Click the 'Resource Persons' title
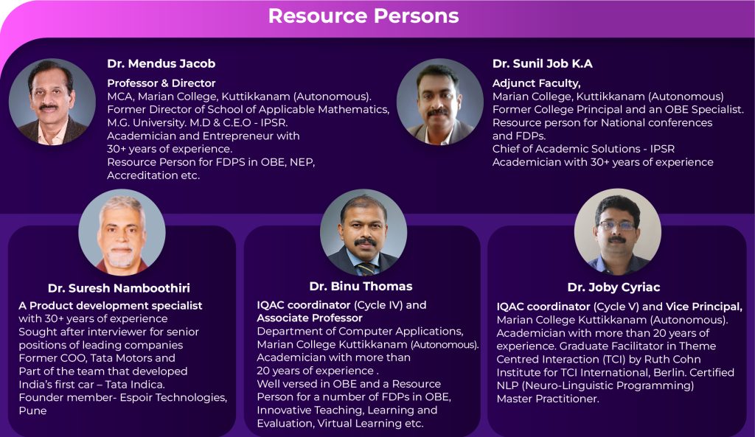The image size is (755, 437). (x=363, y=15)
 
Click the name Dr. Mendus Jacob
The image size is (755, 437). (x=161, y=63)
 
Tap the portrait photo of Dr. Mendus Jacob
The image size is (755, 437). (x=52, y=102)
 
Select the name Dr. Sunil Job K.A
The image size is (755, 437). (x=542, y=63)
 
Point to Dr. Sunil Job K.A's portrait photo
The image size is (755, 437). (x=439, y=102)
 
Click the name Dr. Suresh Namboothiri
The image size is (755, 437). (x=123, y=288)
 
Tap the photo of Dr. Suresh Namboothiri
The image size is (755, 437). (x=122, y=232)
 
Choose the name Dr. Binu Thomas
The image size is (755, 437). (x=361, y=286)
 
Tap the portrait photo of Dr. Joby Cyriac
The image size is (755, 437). (x=617, y=231)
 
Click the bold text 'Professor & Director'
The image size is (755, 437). (x=161, y=83)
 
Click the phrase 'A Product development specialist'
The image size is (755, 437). (x=111, y=305)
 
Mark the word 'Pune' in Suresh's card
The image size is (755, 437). (x=32, y=410)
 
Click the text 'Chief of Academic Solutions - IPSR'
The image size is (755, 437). (x=583, y=149)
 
